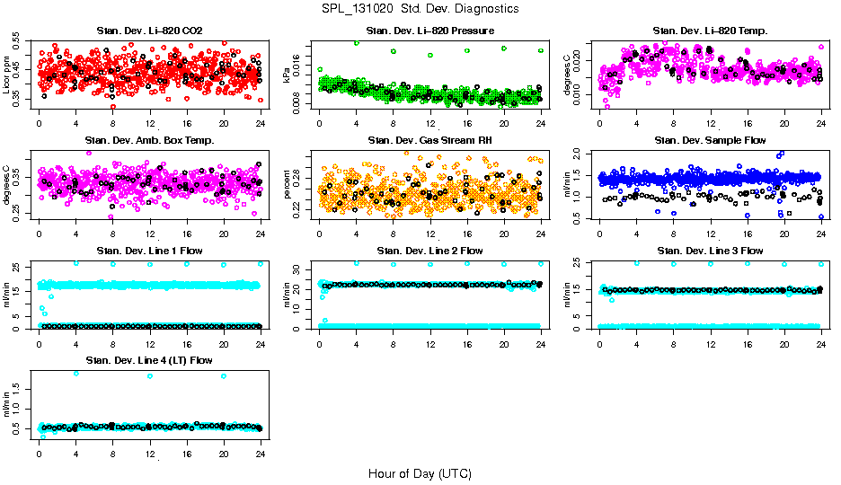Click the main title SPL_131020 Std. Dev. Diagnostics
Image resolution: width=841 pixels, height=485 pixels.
pyautogui.click(x=420, y=9)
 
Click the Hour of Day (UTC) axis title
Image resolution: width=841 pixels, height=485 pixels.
pyautogui.click(x=420, y=472)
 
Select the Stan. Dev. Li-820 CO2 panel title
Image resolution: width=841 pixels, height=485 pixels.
pyautogui.click(x=149, y=31)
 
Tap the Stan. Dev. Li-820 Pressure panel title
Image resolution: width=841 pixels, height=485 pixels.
pyautogui.click(x=429, y=31)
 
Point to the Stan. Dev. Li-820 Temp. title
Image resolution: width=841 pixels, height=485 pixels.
pyautogui.click(x=710, y=31)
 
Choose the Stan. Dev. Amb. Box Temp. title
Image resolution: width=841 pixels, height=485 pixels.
pyautogui.click(x=149, y=141)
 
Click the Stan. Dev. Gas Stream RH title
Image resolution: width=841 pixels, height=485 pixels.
pyautogui.click(x=429, y=141)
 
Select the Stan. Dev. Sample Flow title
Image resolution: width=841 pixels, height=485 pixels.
pyautogui.click(x=710, y=141)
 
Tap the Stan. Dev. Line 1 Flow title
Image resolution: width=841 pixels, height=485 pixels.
pyautogui.click(x=149, y=251)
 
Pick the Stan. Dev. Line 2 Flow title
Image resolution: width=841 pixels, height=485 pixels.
pyautogui.click(x=429, y=251)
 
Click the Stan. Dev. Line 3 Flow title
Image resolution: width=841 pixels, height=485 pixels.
pyautogui.click(x=710, y=251)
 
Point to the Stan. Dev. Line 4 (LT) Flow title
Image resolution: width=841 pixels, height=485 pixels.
pyautogui.click(x=149, y=360)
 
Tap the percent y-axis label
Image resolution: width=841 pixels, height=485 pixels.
pyautogui.click(x=288, y=185)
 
